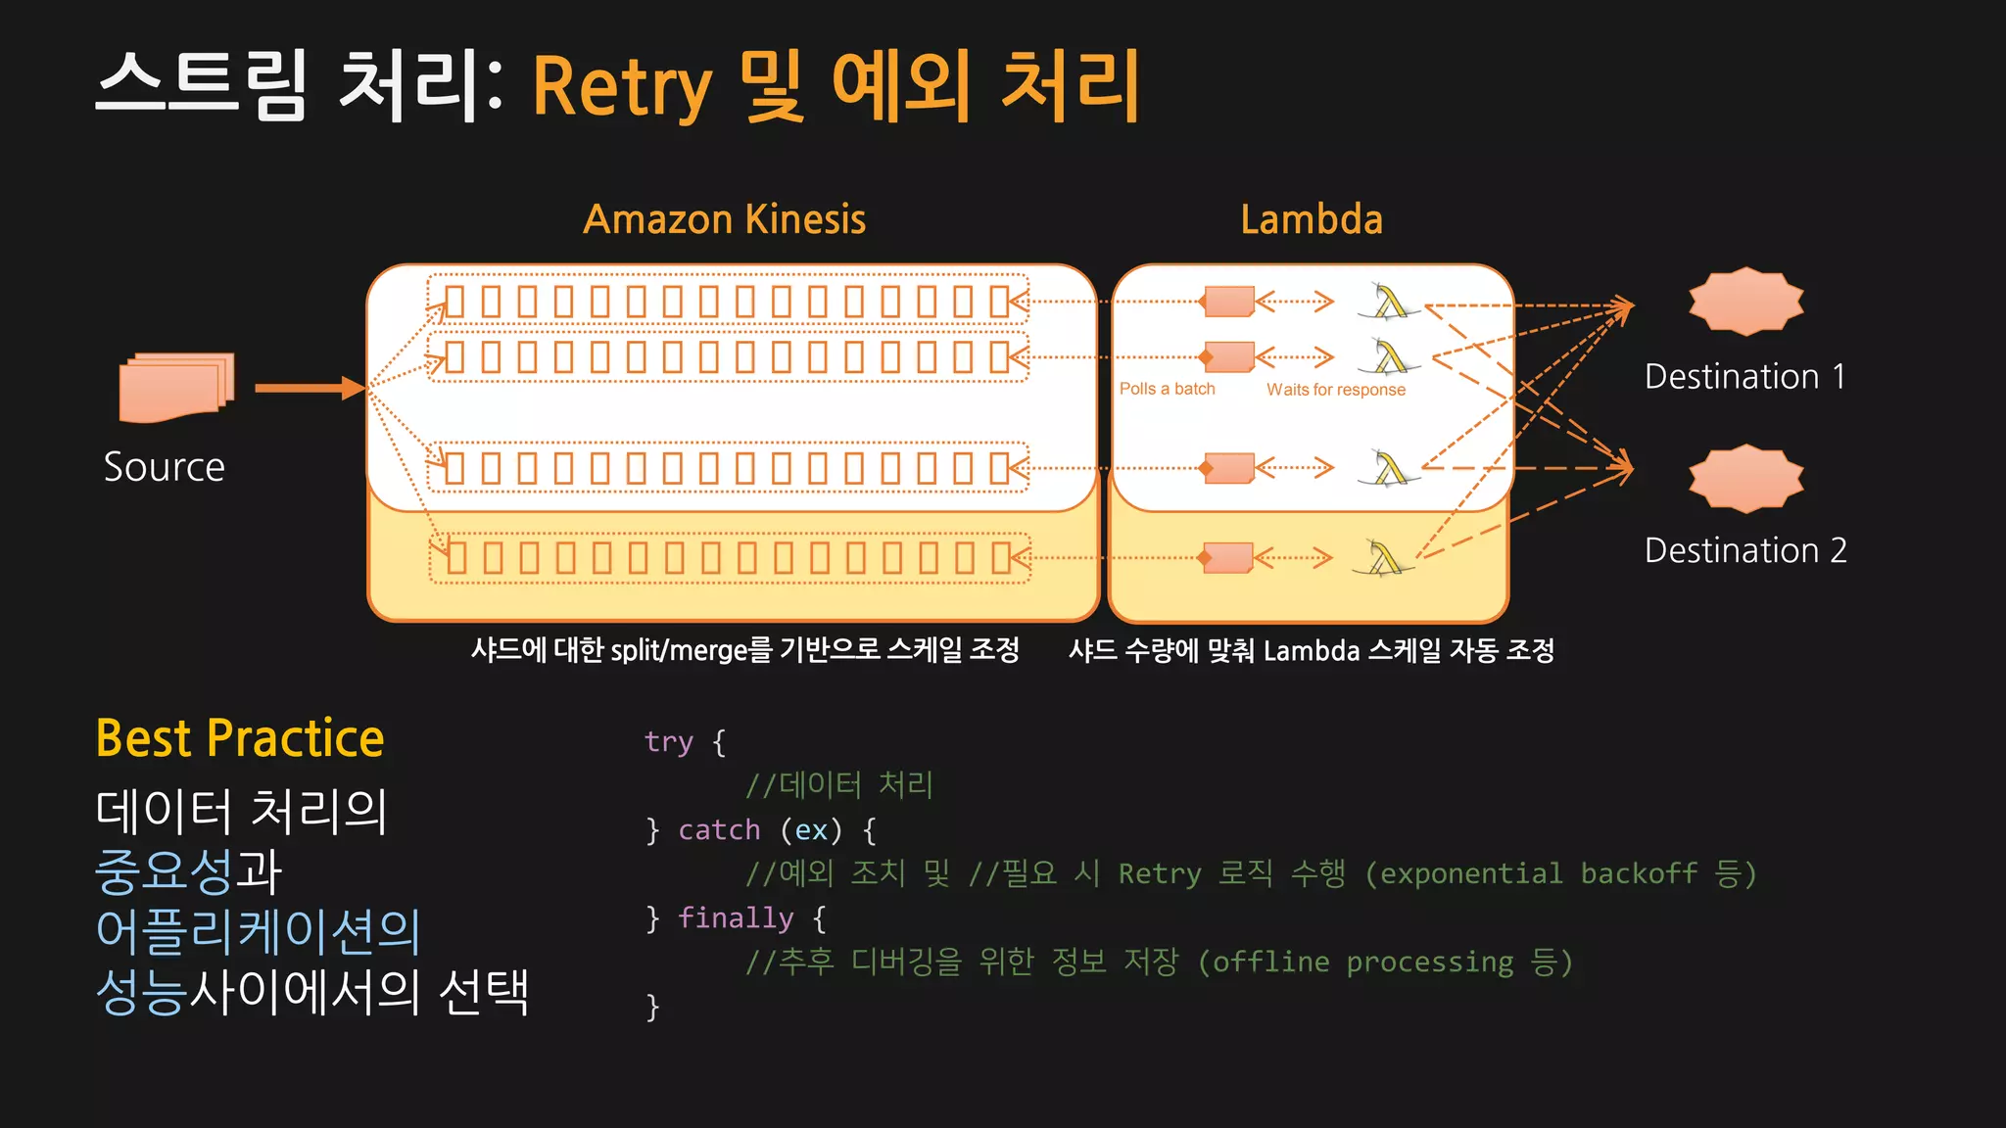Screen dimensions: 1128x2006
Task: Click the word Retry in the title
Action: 622,88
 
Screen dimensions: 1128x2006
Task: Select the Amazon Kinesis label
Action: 724,219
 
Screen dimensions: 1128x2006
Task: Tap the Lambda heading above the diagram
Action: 1312,219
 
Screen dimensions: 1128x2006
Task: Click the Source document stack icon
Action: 176,388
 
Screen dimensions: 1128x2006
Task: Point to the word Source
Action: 165,467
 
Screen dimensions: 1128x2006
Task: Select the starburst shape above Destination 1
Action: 1745,301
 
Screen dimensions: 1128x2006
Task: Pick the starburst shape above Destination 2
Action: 1745,479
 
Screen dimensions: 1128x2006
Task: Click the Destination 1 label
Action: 1745,377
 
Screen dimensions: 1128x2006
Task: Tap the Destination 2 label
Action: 1745,550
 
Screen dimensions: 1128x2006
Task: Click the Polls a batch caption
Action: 1167,389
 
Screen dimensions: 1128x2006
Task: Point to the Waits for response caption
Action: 1335,390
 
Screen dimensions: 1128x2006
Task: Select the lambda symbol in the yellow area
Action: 1384,558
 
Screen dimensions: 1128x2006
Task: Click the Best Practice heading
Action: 240,738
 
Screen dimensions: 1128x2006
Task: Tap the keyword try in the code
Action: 669,742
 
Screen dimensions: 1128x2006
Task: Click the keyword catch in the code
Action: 719,830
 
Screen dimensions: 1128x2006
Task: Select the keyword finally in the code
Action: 735,918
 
